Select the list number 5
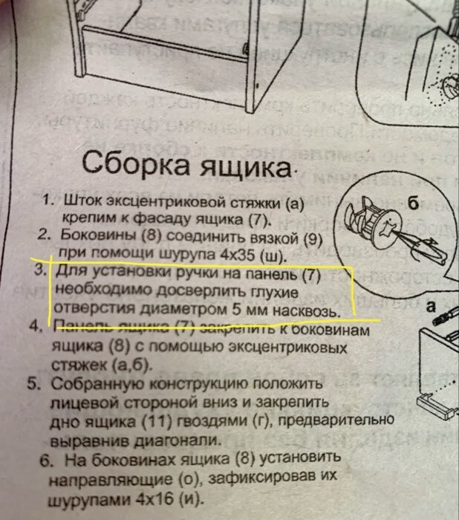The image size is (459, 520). point(33,385)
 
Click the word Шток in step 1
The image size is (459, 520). point(82,201)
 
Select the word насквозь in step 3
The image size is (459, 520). point(307,308)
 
